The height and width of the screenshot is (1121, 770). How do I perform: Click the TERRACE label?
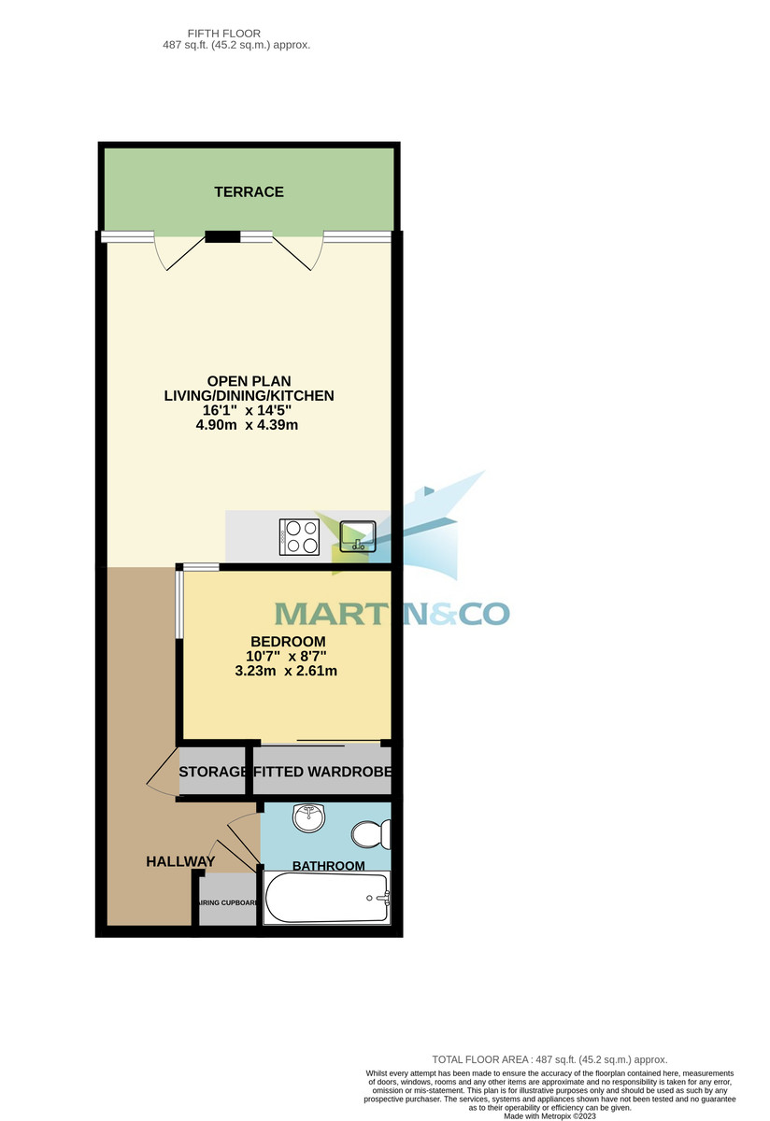(249, 192)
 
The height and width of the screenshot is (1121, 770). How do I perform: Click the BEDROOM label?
(286, 642)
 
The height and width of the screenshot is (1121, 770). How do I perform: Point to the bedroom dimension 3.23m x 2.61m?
(286, 671)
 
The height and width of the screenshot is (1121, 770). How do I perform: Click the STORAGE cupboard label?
(213, 773)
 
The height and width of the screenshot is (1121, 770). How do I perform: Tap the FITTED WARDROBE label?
(321, 773)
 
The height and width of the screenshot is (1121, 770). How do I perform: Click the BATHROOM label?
(329, 866)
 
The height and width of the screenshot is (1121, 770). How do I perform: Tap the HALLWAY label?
(180, 861)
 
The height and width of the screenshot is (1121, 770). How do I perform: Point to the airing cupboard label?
(227, 902)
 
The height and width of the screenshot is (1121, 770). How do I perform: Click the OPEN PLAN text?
(249, 381)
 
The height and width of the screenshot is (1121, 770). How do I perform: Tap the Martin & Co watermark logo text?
(392, 613)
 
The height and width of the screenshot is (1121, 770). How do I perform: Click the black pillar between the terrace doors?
(223, 236)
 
